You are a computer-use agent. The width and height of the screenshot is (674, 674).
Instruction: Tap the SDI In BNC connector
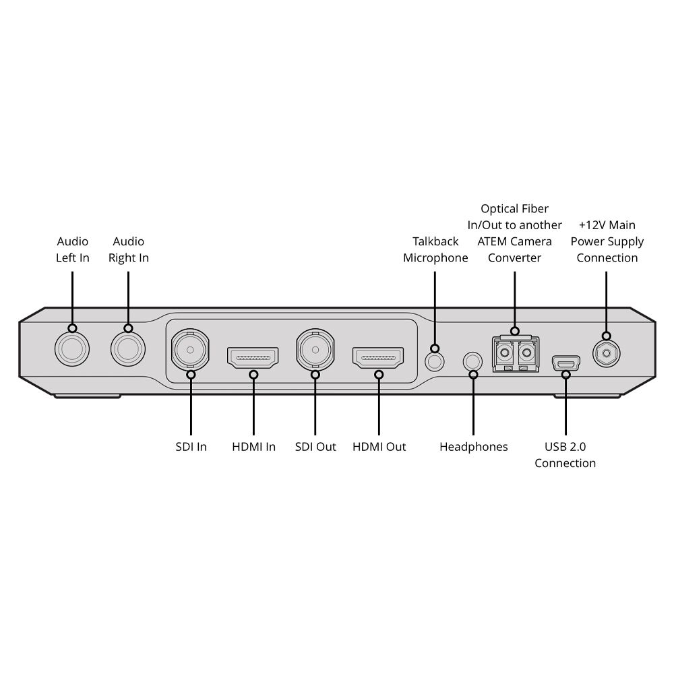click(x=191, y=350)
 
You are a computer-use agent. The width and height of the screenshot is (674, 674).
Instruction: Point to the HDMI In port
click(x=253, y=358)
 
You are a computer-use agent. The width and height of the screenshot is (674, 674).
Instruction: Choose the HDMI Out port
click(x=378, y=358)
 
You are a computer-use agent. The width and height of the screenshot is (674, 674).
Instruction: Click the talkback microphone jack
click(x=435, y=360)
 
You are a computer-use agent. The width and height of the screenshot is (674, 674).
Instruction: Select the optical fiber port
click(x=515, y=354)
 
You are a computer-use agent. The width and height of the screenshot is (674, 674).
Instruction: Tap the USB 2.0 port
click(x=565, y=363)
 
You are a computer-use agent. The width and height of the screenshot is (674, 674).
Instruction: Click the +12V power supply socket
click(x=607, y=352)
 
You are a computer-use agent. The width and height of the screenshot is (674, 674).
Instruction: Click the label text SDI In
click(x=191, y=447)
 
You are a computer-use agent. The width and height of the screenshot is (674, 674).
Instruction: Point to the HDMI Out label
click(x=379, y=447)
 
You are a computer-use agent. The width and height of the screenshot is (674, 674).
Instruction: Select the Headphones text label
click(x=473, y=447)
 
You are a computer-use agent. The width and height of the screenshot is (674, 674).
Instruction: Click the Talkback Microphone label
click(x=435, y=249)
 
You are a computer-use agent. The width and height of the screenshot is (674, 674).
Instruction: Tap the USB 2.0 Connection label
click(x=565, y=455)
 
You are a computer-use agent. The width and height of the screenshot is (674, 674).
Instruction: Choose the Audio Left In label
click(x=72, y=249)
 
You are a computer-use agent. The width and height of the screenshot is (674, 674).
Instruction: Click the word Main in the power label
click(x=621, y=225)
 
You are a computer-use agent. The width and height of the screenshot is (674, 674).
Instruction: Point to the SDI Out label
click(x=315, y=447)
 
